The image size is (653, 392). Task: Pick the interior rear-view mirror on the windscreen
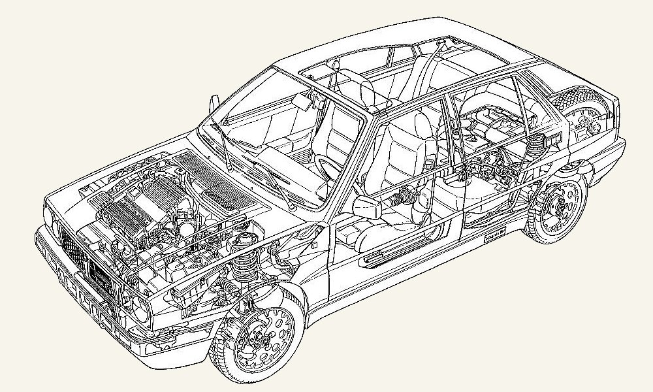(x=302, y=101)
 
